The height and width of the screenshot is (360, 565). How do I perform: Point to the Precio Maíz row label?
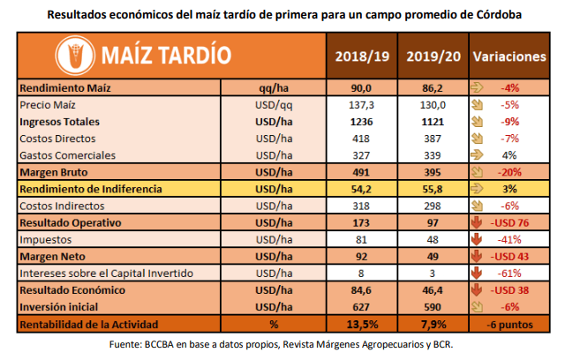50,104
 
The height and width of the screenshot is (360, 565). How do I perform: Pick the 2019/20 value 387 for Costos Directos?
433,139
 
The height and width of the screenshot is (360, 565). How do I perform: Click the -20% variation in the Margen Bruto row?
514,172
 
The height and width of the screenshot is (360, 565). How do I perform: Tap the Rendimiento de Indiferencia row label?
92,189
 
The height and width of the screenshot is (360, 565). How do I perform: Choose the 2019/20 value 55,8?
433,189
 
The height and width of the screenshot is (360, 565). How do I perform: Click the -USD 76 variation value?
514,222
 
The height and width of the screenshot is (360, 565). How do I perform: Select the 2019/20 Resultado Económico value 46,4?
433,289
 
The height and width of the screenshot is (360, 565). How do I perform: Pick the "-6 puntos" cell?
510,324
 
